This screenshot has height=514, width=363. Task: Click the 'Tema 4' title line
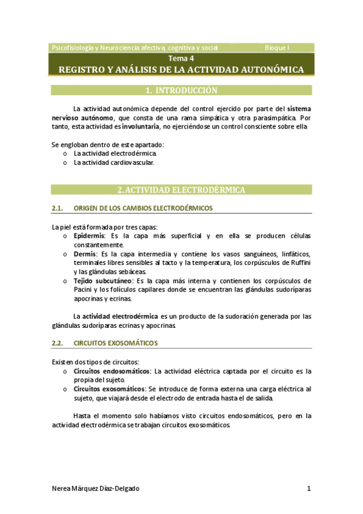[181, 59]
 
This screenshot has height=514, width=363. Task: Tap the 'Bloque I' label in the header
[278, 47]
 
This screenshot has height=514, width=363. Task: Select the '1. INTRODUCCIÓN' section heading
[181, 91]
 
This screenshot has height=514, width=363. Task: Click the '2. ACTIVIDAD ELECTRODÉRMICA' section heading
[181, 190]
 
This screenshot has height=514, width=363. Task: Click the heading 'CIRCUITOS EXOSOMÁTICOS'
[116, 343]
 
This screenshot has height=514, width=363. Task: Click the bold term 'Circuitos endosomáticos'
[112, 371]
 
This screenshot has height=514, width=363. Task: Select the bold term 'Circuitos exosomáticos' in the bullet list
[109, 389]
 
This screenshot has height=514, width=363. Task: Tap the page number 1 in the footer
[308, 489]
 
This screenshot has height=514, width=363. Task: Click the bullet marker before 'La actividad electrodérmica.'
[65, 154]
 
